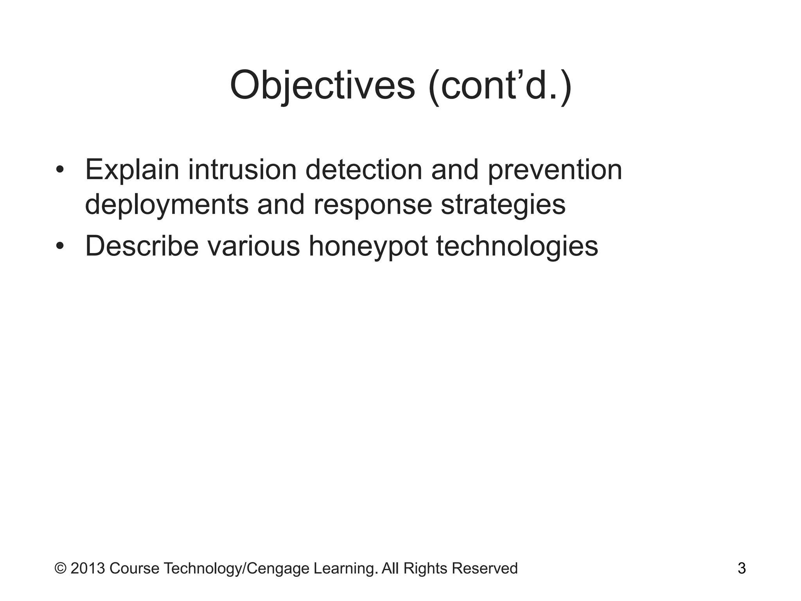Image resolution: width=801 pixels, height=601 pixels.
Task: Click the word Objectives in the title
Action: pos(322,85)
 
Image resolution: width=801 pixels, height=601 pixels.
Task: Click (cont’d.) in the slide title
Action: pos(500,85)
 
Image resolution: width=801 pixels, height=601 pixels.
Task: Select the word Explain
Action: pos(132,170)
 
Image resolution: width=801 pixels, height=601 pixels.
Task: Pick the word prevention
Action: pos(555,170)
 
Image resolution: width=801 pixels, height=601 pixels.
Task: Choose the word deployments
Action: pos(167,205)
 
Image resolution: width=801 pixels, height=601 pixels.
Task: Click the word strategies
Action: pos(503,205)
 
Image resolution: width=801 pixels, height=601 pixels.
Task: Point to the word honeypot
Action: pos(368,247)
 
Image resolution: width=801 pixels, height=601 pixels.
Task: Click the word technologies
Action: pos(517,247)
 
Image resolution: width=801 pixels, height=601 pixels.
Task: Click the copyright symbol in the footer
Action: pos(60,568)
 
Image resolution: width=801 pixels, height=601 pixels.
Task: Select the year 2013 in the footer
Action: pos(88,568)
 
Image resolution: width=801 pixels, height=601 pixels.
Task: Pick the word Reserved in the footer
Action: pos(485,568)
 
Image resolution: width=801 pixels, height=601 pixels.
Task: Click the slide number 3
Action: pos(742,568)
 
